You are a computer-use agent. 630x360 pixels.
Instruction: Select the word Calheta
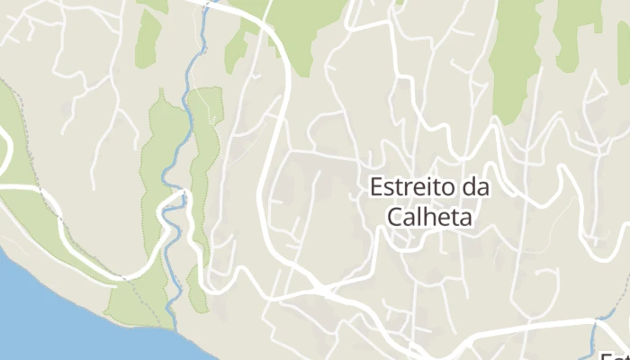point(429,217)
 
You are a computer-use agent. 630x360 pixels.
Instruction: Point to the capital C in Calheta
point(393,217)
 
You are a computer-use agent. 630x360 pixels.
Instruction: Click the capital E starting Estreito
point(377,188)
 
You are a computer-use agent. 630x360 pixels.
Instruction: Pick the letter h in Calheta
point(435,217)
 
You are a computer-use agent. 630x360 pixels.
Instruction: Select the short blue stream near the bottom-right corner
point(595,337)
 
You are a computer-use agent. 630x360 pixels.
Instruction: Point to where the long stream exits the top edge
point(209,4)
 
